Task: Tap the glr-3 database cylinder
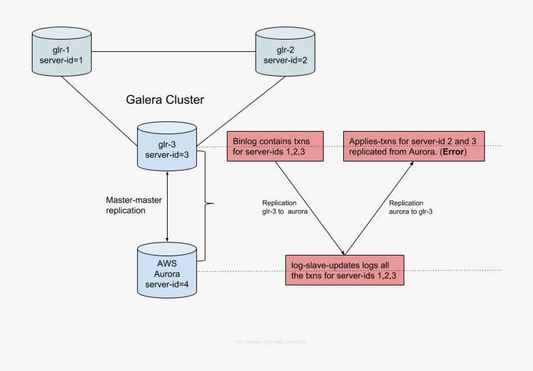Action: point(168,147)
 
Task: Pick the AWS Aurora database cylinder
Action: point(168,269)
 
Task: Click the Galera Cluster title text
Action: point(164,100)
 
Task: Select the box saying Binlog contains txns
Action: point(274,147)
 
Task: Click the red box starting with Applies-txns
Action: point(413,147)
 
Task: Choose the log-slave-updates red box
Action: point(344,270)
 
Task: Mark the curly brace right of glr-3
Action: point(208,205)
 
